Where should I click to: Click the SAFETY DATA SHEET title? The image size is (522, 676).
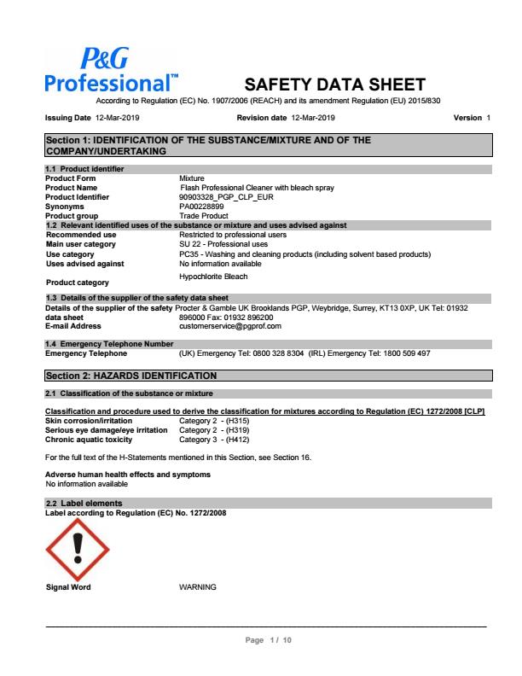[334, 84]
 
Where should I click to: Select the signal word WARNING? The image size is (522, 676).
[198, 587]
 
